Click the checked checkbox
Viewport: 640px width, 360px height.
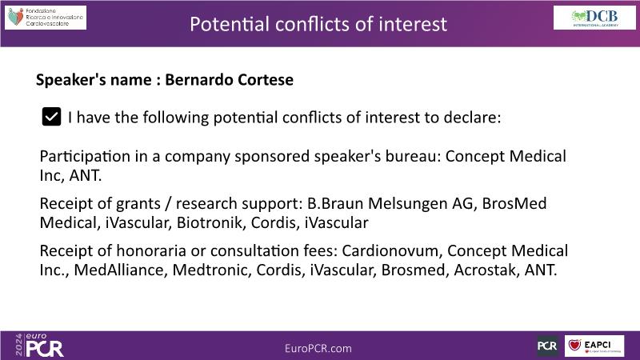(51, 117)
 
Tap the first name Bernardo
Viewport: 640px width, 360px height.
(198, 79)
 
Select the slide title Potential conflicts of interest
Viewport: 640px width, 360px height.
(318, 24)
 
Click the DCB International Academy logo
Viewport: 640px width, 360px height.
(594, 18)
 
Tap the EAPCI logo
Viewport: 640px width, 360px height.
(594, 346)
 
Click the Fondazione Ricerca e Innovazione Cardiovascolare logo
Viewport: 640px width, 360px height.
(46, 18)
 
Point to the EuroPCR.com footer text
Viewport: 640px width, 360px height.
(318, 348)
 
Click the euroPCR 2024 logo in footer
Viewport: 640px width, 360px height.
(39, 346)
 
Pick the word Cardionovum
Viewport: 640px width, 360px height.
(390, 250)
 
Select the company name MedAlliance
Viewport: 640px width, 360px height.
(118, 270)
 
